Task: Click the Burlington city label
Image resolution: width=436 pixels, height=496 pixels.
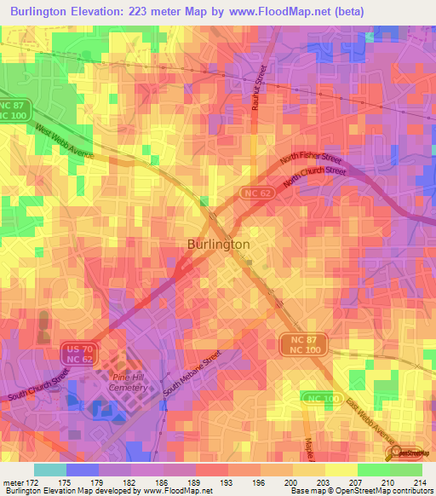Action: (x=218, y=244)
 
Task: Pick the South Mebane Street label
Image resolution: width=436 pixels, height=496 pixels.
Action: (x=192, y=371)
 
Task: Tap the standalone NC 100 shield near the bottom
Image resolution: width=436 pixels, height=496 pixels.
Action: (x=318, y=399)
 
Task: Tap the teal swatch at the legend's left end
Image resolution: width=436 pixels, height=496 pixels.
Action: (x=50, y=470)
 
